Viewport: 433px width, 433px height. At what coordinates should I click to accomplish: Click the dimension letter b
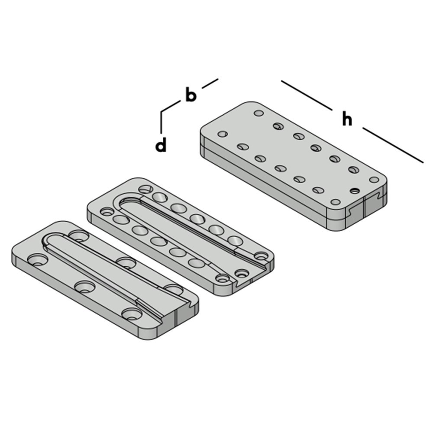tap(191, 95)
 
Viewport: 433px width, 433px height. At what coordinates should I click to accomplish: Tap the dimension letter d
tap(161, 145)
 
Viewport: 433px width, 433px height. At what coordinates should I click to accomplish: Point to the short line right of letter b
tap(210, 83)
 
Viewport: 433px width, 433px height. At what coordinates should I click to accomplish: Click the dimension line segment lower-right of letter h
tap(392, 145)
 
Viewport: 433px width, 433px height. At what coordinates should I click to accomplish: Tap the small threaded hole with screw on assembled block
tap(355, 191)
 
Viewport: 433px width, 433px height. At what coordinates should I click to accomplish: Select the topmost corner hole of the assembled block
tap(259, 113)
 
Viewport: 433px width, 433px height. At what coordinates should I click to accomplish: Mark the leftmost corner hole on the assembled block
tap(222, 134)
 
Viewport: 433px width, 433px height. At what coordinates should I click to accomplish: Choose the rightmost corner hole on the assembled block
tap(374, 179)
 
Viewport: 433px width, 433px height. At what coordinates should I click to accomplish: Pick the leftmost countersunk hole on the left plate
tap(38, 259)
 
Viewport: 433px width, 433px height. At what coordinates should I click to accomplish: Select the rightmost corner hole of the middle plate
tap(260, 255)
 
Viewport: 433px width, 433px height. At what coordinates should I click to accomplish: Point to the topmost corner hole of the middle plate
tap(145, 189)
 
